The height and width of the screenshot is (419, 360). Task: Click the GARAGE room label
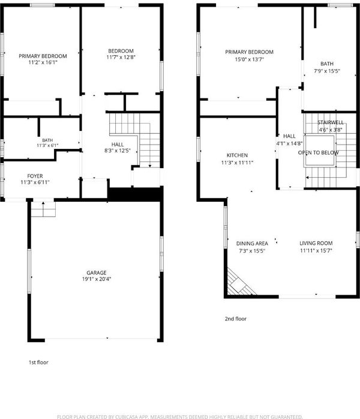(97, 273)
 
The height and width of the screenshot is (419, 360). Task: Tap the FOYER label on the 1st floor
(35, 176)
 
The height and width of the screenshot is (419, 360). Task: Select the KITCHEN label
(237, 155)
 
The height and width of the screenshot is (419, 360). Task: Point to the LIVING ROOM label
(316, 243)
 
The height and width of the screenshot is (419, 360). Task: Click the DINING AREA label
(252, 244)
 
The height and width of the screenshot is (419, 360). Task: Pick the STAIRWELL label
(331, 122)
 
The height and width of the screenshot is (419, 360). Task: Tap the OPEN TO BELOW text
(319, 152)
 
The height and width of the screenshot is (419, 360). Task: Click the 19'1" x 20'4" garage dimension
(97, 279)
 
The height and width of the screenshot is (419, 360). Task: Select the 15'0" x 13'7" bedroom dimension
(250, 59)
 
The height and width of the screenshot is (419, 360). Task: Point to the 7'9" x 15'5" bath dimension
(327, 71)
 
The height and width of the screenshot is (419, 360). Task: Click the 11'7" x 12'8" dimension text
(121, 57)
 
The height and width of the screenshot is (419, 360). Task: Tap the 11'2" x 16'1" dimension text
(43, 62)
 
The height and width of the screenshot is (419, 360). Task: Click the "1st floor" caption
(38, 363)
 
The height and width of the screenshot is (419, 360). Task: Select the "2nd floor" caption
(236, 319)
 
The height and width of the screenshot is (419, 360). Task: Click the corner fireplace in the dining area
(238, 283)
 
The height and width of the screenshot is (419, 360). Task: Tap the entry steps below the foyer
(43, 209)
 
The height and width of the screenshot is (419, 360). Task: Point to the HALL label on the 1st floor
(118, 144)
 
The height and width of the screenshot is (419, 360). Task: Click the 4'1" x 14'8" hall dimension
(289, 143)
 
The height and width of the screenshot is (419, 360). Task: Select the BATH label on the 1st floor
(47, 140)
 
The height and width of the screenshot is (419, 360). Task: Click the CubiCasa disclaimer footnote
(180, 417)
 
